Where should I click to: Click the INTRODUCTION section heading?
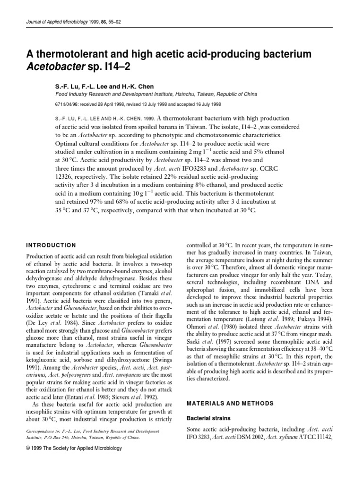point(49,245)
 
